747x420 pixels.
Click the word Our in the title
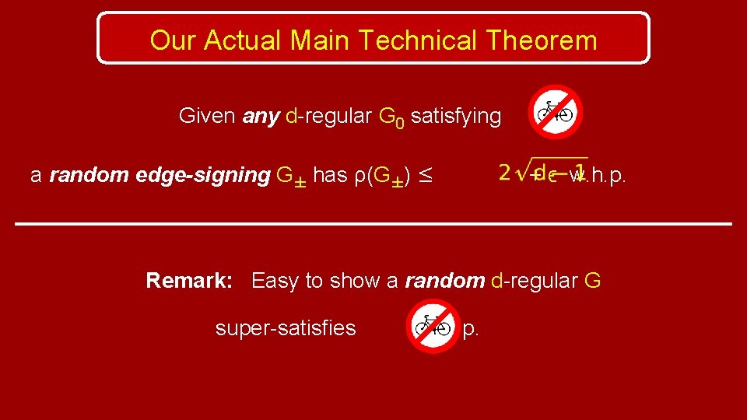[x=173, y=40]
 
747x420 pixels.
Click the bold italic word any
[x=261, y=117]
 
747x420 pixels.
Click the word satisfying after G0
[x=455, y=117]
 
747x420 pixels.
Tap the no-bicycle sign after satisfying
[x=556, y=112]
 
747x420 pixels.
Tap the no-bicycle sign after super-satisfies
[x=433, y=326]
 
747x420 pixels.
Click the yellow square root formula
[x=542, y=173]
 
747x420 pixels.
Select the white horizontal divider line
[x=373, y=224]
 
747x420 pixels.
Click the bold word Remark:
[x=189, y=281]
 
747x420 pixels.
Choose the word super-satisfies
[x=286, y=329]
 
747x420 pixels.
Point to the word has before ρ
[x=330, y=176]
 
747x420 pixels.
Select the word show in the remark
[x=355, y=281]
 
